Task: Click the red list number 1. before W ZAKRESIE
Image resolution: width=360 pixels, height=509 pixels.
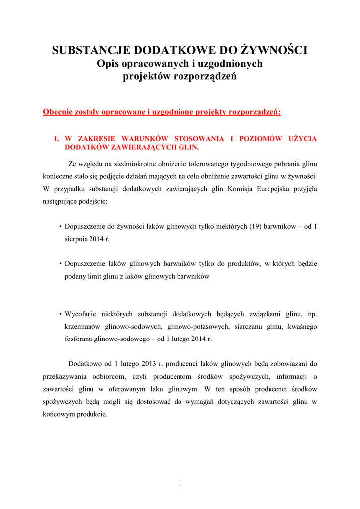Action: point(57,138)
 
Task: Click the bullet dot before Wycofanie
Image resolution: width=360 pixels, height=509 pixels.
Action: point(60,314)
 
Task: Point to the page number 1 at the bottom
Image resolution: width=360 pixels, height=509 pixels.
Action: point(180,483)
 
